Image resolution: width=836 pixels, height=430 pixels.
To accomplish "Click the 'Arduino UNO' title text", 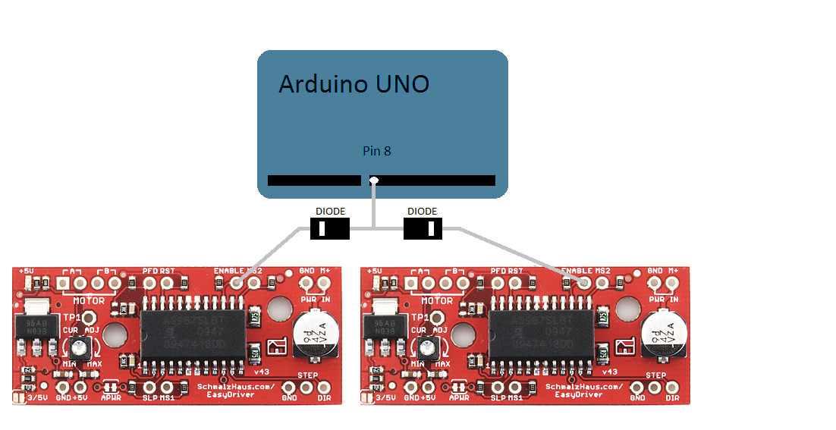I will click(x=354, y=83).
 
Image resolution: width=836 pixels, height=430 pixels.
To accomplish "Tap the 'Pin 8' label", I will click(x=377, y=151).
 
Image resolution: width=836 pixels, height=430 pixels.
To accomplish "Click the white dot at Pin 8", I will click(x=373, y=180).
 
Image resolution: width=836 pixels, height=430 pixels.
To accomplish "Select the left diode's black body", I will click(x=330, y=228).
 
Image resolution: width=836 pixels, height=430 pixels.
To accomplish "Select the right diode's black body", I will click(x=423, y=228).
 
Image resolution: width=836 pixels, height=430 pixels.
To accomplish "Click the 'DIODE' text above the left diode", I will click(x=330, y=211).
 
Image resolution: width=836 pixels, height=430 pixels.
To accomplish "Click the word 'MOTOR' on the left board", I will click(x=90, y=301).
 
